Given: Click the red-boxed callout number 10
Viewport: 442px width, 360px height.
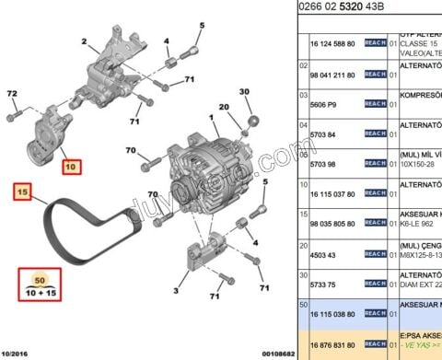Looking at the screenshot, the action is (x=72, y=168).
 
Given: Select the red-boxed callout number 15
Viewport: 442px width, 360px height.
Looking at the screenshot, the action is (x=22, y=192).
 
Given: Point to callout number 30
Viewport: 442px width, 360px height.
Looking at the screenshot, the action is (x=245, y=92).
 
